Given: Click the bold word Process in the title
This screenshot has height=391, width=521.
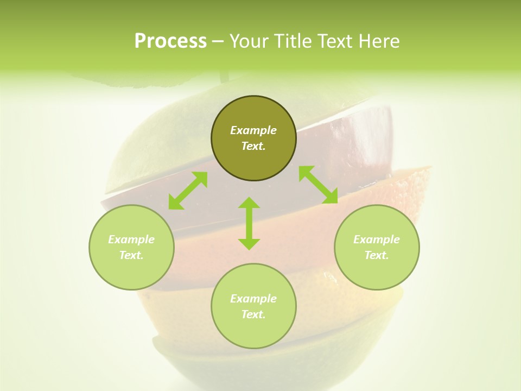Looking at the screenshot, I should (170, 41).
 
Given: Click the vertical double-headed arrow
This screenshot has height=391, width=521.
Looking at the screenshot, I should (249, 223).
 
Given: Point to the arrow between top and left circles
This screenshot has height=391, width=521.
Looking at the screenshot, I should (188, 190).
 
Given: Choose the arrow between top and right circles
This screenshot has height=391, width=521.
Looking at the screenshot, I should (318, 185).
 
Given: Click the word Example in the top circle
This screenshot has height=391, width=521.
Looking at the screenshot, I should (253, 130).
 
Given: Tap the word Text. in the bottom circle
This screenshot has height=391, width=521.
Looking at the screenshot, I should (253, 314).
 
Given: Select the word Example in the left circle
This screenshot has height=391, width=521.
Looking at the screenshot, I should (131, 239).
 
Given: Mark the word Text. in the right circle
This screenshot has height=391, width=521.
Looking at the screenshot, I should (377, 255).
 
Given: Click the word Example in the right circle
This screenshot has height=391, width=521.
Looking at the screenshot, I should (377, 239).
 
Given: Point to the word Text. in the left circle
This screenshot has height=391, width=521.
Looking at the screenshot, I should (131, 255).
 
